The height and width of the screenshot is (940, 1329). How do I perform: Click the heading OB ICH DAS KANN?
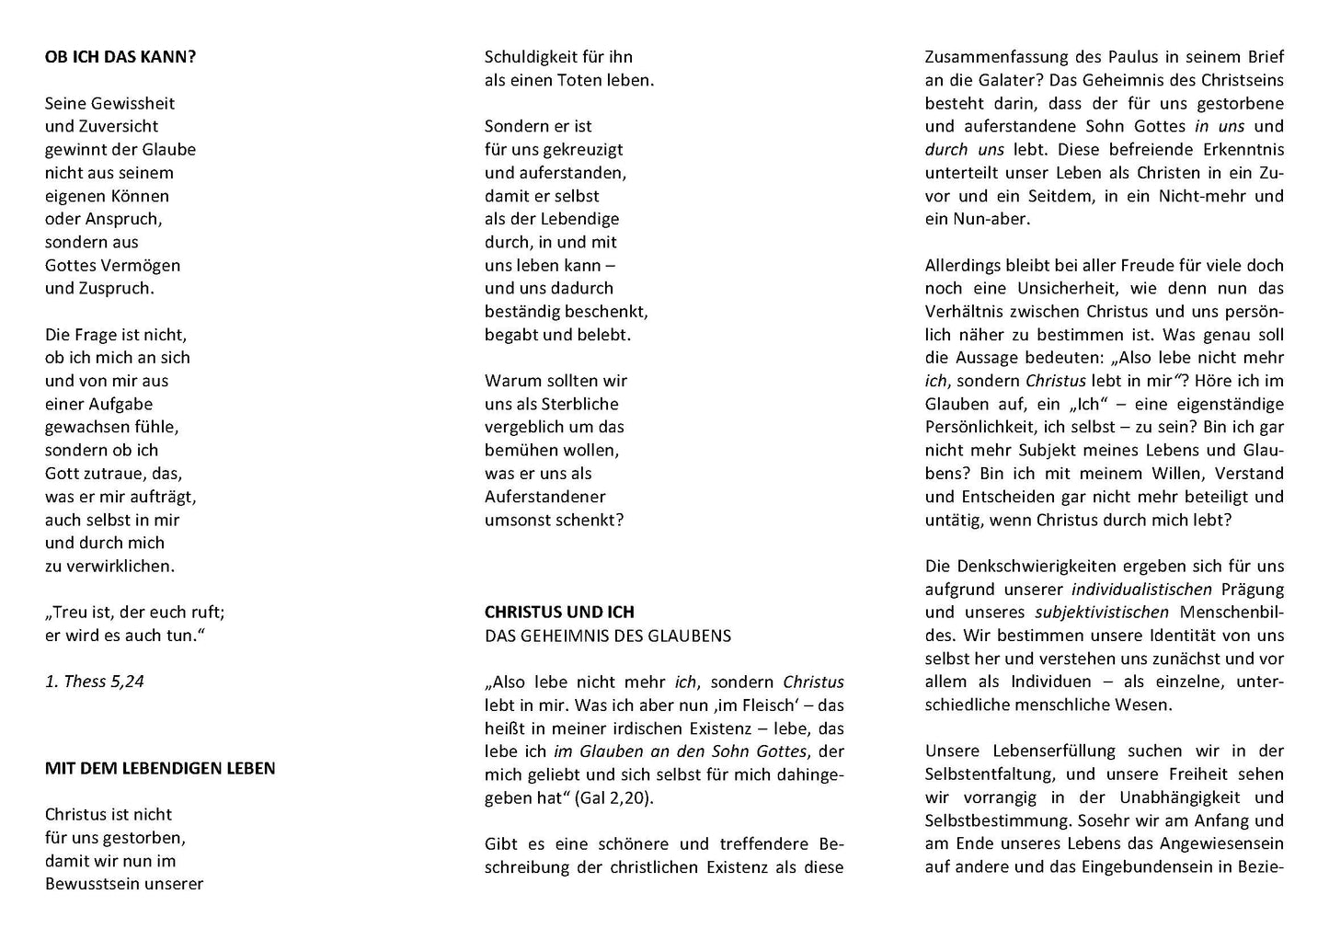pyautogui.click(x=120, y=57)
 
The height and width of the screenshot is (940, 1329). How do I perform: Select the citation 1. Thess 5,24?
pyautogui.click(x=95, y=682)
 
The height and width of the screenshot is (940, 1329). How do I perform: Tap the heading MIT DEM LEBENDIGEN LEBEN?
pyautogui.click(x=160, y=768)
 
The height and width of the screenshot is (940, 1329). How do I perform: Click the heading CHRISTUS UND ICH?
pyautogui.click(x=559, y=612)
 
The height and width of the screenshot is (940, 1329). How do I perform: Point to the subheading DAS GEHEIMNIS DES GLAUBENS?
pyautogui.click(x=608, y=636)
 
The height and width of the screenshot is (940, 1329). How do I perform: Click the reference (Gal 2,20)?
pyautogui.click(x=614, y=798)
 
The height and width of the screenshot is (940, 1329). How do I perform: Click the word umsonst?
pyautogui.click(x=517, y=520)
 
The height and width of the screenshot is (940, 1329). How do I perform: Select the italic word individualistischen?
pyautogui.click(x=1141, y=590)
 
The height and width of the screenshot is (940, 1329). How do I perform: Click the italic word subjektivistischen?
pyautogui.click(x=1102, y=613)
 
